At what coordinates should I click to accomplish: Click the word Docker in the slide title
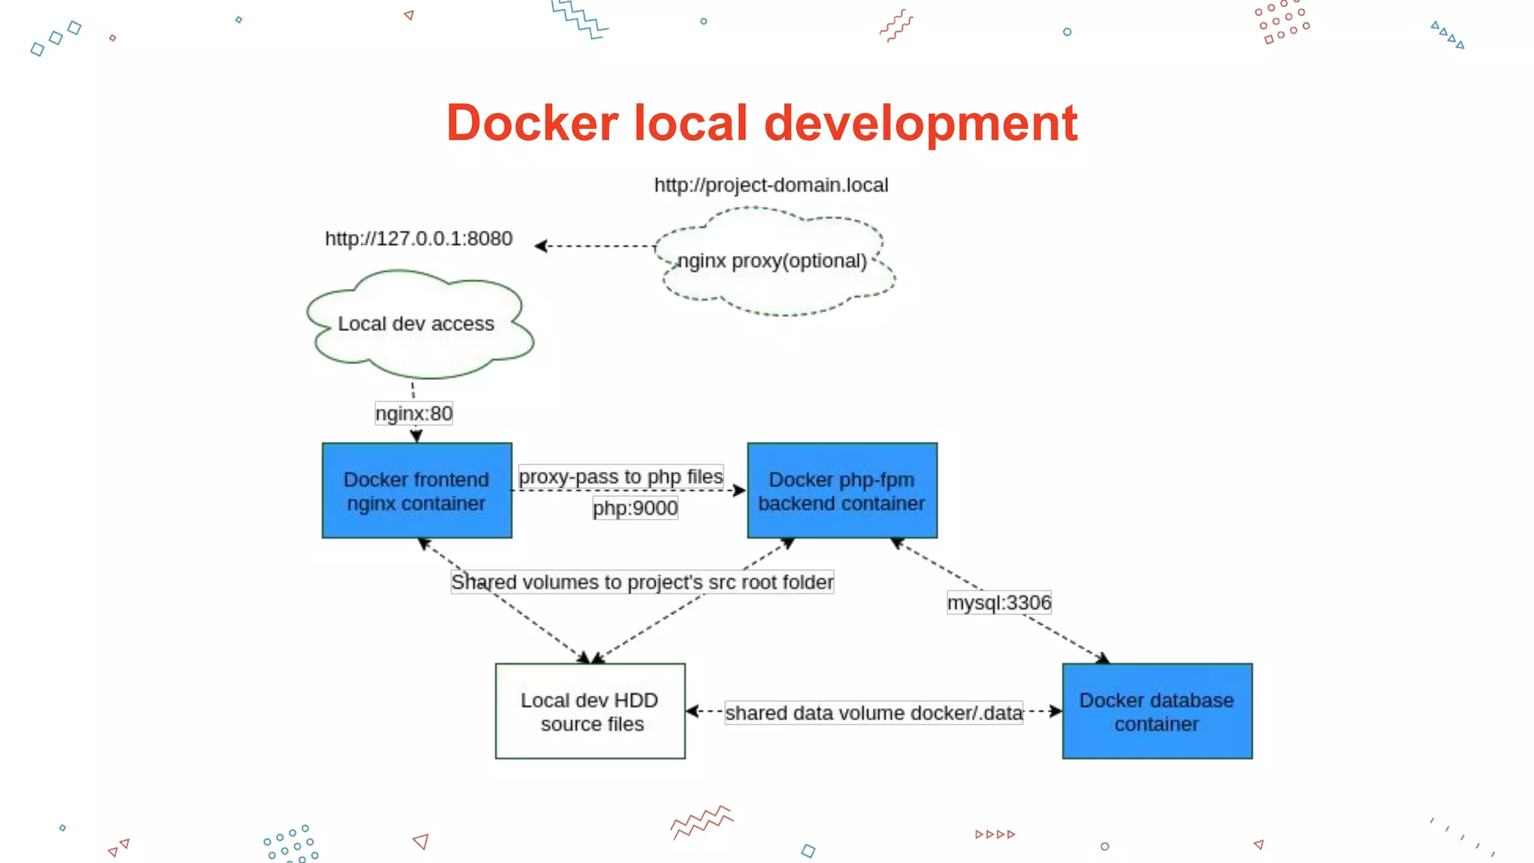point(533,123)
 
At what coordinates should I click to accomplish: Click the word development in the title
point(921,123)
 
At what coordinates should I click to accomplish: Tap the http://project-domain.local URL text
point(771,185)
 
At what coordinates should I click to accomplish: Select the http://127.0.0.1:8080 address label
point(419,238)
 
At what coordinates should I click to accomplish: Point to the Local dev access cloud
point(416,324)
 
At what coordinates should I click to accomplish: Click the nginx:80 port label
point(413,414)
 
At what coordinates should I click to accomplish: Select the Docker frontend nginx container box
point(417,491)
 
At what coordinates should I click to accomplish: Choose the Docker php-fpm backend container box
point(842,491)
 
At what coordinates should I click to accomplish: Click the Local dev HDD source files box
point(590,711)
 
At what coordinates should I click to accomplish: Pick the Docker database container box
point(1157,711)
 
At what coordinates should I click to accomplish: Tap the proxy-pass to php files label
point(621,476)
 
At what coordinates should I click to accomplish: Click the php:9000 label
point(635,508)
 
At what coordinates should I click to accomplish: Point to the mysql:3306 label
point(999,602)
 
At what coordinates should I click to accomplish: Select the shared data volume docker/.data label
point(873,712)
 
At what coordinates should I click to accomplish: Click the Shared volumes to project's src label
point(642,582)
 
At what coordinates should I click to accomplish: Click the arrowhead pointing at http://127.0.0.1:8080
point(541,246)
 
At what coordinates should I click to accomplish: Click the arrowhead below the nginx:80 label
point(416,436)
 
